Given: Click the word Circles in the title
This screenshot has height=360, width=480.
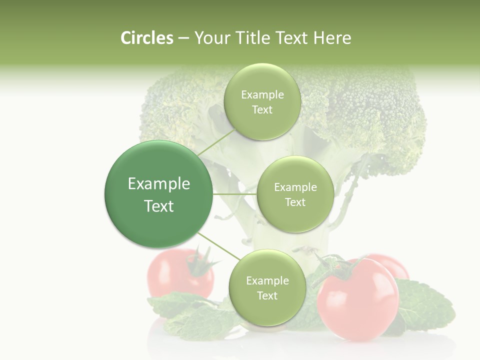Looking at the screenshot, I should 147,38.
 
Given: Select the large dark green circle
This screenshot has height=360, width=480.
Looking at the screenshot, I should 159,194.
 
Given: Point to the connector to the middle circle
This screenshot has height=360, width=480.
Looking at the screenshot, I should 234,194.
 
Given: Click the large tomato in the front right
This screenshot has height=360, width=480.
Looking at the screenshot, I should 358,305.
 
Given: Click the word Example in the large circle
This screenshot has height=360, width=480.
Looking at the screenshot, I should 159,184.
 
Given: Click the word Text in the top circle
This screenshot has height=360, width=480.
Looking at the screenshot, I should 262,110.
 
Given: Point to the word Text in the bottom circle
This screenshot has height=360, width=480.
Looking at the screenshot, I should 267,296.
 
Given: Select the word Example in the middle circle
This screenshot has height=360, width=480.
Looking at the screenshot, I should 295,187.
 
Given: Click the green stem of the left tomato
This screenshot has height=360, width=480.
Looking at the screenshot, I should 202,262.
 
